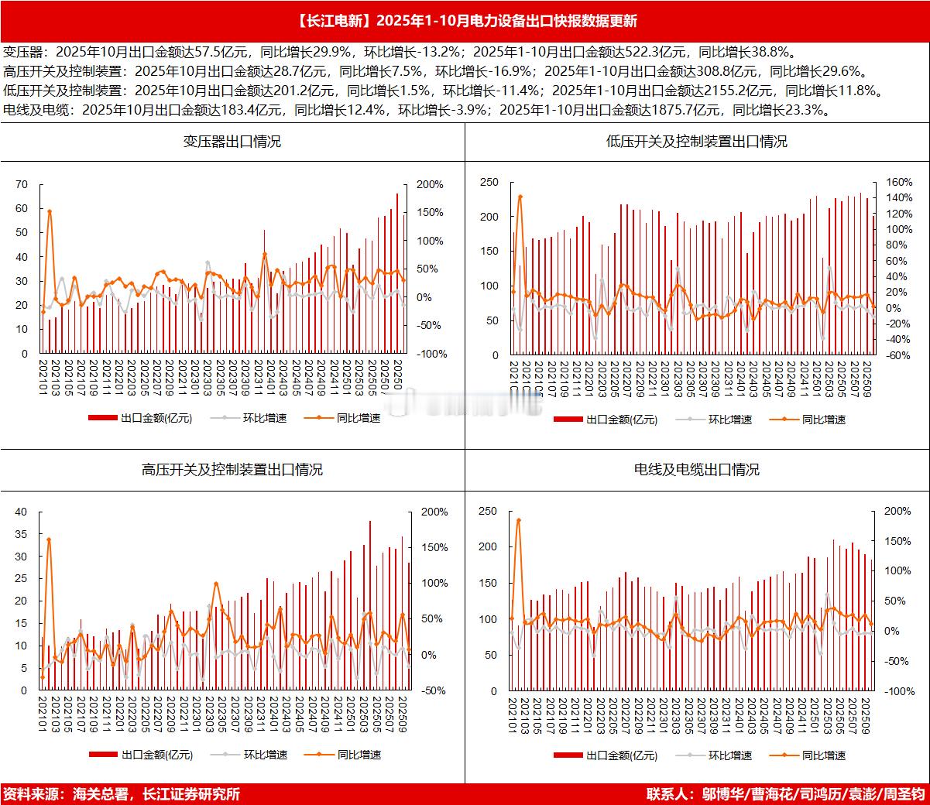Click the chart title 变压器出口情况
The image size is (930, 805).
pos(232,142)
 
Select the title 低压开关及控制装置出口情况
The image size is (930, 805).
pos(696,142)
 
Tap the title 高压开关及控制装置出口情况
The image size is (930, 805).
pos(232,469)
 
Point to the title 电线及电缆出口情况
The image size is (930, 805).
pos(696,469)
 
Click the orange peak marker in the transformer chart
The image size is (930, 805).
pos(50,211)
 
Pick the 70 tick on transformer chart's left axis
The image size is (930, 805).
pos(22,184)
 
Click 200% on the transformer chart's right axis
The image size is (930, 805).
pos(429,184)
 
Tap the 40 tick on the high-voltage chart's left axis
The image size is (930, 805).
pos(21,512)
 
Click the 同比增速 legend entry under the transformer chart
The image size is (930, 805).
pos(359,418)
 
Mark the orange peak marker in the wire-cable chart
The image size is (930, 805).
pos(518,520)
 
